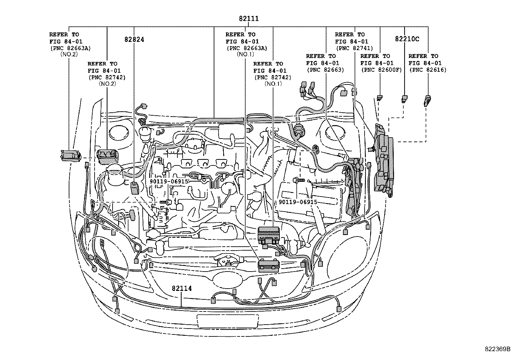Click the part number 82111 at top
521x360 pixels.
click(x=249, y=19)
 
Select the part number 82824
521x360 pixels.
click(x=134, y=39)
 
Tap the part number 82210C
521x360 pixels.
click(x=407, y=39)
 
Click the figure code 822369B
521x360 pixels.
click(x=497, y=349)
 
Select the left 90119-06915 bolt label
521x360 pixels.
click(x=169, y=181)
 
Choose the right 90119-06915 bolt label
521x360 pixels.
click(x=298, y=202)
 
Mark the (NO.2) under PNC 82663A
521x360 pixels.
click(x=69, y=54)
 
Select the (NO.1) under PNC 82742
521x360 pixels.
click(x=273, y=84)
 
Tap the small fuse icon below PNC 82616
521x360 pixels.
click(x=427, y=100)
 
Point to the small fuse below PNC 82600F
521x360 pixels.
click(x=380, y=97)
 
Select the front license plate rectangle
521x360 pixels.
click(x=227, y=320)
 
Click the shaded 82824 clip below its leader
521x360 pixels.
click(x=135, y=188)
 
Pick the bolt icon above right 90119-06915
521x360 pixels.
click(x=298, y=180)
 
